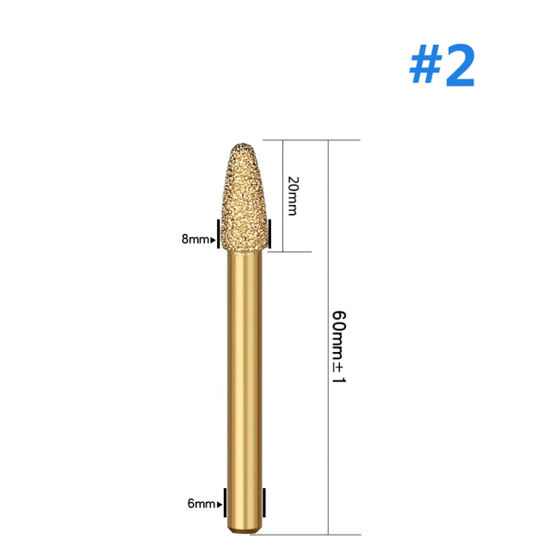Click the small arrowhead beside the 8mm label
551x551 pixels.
pos(213,240)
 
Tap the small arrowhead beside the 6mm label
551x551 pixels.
pos(220,504)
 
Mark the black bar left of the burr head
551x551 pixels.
pos(219,233)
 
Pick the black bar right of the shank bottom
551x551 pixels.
pos(265,503)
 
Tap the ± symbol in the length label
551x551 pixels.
pos(338,368)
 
